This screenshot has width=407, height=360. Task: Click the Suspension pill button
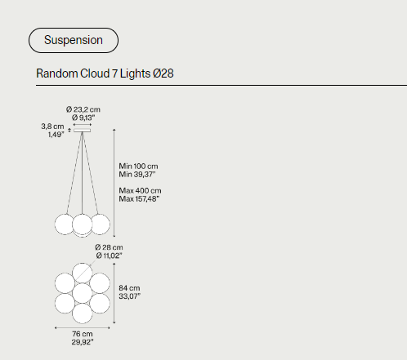tap(74, 40)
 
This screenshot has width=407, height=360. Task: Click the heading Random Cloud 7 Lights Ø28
tap(105, 73)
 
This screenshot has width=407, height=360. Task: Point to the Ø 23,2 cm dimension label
tap(83, 109)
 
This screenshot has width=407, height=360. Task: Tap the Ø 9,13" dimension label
tap(83, 118)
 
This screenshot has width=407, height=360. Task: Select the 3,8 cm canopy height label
tap(52, 127)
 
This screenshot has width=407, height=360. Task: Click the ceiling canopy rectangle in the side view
tap(83, 131)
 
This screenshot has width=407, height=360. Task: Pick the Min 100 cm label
tap(138, 166)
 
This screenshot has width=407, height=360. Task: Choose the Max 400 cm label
tap(140, 190)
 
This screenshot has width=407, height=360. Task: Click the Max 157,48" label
tap(139, 199)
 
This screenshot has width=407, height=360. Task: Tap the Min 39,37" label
tap(137, 174)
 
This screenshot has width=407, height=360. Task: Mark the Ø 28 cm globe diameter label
tap(109, 247)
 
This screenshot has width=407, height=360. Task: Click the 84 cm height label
tap(129, 288)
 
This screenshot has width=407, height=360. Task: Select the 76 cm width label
tap(83, 334)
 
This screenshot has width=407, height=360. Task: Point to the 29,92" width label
tap(83, 342)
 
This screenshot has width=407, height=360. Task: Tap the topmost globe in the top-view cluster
tap(83, 273)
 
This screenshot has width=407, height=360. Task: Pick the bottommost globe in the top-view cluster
tap(83, 313)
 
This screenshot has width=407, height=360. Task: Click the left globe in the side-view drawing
tap(65, 224)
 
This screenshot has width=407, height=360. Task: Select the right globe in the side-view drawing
tap(101, 224)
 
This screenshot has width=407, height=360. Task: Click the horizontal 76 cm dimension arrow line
tap(83, 328)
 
